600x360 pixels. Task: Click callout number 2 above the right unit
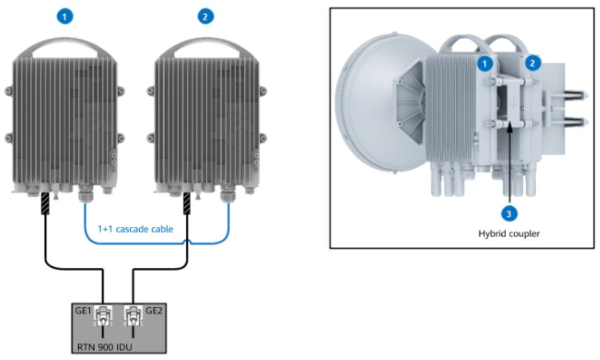(206, 17)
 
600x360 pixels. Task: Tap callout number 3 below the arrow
(510, 212)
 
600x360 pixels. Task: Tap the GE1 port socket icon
(104, 315)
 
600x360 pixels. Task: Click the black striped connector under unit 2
(188, 203)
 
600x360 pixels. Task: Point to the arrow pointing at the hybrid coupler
(510, 163)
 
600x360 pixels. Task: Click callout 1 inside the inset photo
(484, 62)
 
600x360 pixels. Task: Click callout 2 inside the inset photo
(533, 62)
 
